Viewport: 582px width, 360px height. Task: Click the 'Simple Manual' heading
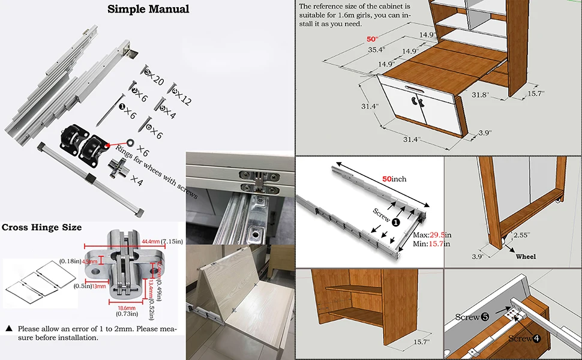coord(148,9)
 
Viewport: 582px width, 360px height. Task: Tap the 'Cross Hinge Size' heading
coord(41,227)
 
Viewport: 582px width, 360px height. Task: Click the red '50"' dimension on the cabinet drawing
coord(373,39)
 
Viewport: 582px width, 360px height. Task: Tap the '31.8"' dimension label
coord(480,95)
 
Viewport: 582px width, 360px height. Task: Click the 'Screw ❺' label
coord(472,317)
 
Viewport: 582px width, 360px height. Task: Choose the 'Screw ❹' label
coord(524,338)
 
